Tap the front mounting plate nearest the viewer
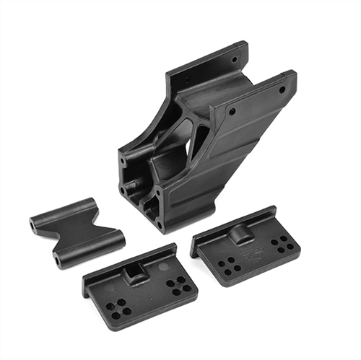[141, 285]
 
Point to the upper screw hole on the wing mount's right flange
[282, 89]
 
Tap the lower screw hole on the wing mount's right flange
[232, 113]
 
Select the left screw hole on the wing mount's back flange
[186, 80]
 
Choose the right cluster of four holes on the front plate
[178, 285]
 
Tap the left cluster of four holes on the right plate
[229, 265]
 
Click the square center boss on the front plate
[134, 273]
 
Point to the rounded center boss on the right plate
[242, 232]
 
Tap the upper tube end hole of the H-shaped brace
[33, 224]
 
